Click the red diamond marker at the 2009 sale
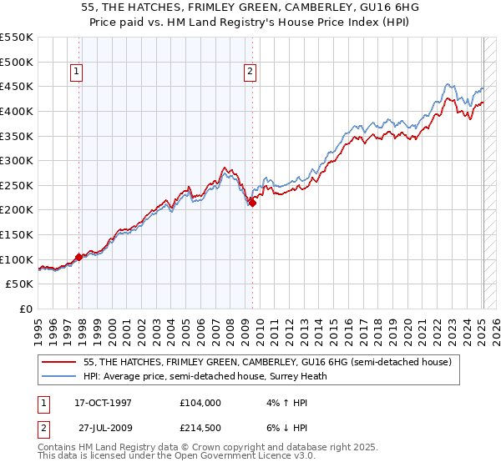point(253,203)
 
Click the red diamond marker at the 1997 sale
point(79,257)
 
